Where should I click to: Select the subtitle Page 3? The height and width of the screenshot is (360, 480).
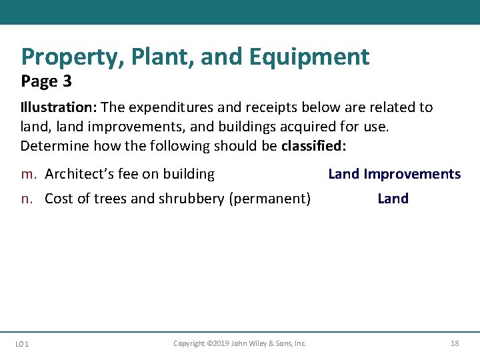[x=46, y=81]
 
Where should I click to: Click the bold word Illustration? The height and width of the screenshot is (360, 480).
[x=51, y=107]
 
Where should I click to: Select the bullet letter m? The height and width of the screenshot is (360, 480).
[x=29, y=175]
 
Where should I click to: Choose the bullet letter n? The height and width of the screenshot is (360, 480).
[x=27, y=199]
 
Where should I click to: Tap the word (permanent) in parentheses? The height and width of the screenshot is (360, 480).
[x=269, y=199]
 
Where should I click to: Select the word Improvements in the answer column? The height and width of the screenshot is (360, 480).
[x=412, y=175]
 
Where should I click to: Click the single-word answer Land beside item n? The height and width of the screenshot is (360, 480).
[x=393, y=199]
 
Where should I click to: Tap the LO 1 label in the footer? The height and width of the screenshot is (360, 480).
[x=22, y=344]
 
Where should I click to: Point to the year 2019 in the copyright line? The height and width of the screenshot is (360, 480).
[x=219, y=343]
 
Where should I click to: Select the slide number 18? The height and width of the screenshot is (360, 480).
[x=455, y=343]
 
